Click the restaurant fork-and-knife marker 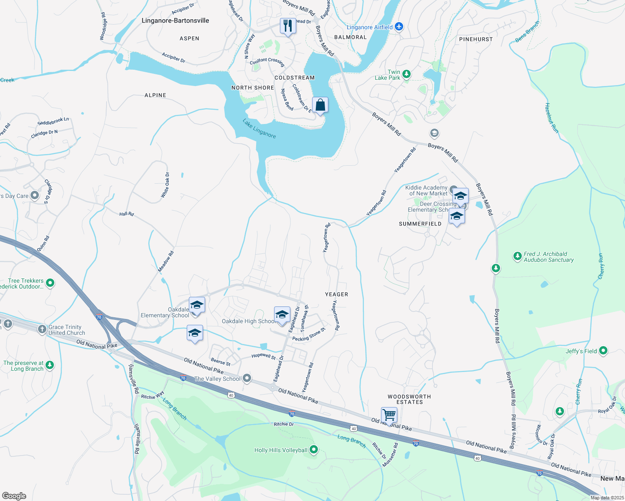[x=288, y=26]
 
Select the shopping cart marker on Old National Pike [x=389, y=415]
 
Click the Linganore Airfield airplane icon [x=399, y=27]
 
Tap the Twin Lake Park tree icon [x=406, y=74]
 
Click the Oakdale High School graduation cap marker [x=282, y=315]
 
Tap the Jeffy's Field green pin [x=603, y=351]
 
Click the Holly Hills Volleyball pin [x=314, y=450]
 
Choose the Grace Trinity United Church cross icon [x=42, y=329]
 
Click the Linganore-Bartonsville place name [x=175, y=20]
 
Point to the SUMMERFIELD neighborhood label [x=420, y=224]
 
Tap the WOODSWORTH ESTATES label [x=409, y=399]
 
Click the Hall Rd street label [x=127, y=214]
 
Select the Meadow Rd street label [x=166, y=262]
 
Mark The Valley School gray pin [x=247, y=378]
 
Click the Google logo [x=14, y=496]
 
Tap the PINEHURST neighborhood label [x=476, y=39]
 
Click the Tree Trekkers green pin [x=50, y=283]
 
